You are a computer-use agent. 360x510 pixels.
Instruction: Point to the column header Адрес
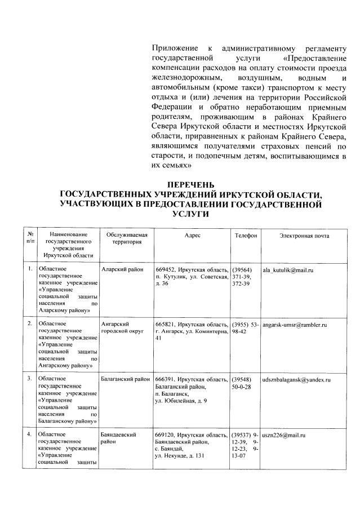pos(192,236)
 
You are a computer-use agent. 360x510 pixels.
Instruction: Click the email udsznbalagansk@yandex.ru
pos(299,380)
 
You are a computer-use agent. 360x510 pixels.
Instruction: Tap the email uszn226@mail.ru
pos(284,436)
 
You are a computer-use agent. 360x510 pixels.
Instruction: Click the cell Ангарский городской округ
pos(117,329)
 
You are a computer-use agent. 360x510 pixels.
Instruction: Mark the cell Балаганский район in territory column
pos(125,380)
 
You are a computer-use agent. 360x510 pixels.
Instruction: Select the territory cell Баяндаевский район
pos(119,439)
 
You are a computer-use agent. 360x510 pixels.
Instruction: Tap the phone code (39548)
pos(242,380)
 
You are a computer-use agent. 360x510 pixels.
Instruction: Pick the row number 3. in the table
pos(29,380)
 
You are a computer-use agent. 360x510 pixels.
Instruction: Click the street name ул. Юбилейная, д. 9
pos(180,401)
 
